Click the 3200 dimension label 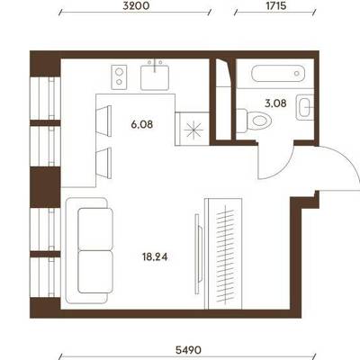click(x=136, y=5)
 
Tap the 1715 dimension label click(x=275, y=5)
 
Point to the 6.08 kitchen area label click(x=142, y=124)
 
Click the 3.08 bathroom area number click(x=275, y=103)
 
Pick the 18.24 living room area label click(x=155, y=257)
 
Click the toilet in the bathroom click(x=254, y=121)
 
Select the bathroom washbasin click(x=305, y=107)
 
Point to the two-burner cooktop click(x=119, y=77)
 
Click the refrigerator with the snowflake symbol click(x=193, y=129)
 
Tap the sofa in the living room click(x=86, y=250)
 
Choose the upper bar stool click(x=103, y=121)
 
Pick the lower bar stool click(x=103, y=163)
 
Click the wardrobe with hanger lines click(x=223, y=254)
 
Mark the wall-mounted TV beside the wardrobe click(x=198, y=254)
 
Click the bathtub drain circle click(x=297, y=73)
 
